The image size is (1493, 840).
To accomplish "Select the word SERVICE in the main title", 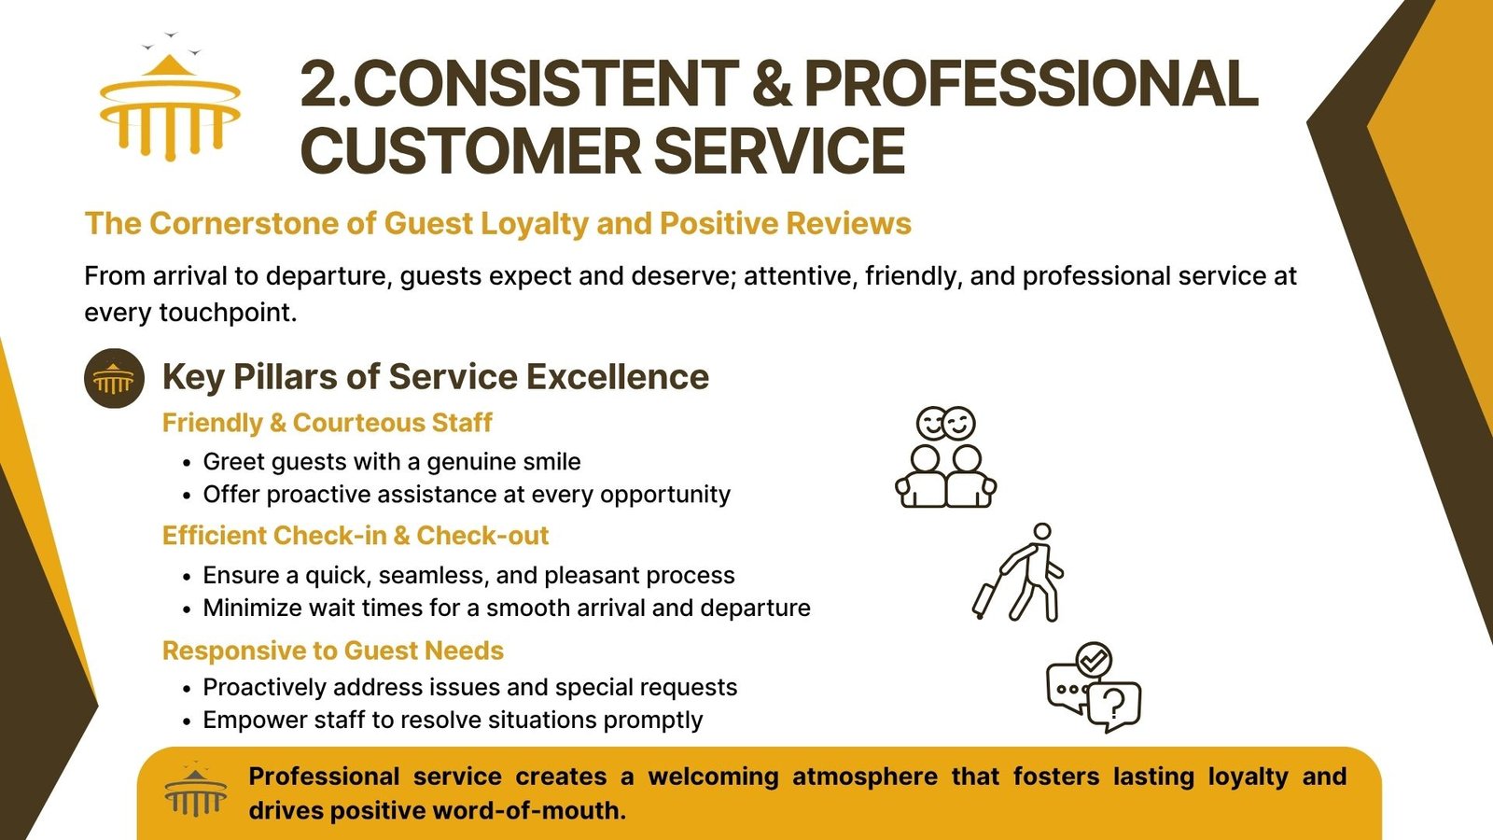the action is tap(780, 150).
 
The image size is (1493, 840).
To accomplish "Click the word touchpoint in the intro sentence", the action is tap(228, 313).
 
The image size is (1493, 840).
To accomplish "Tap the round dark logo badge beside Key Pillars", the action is tap(114, 378).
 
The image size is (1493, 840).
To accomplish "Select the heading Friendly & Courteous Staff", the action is tap(328, 423).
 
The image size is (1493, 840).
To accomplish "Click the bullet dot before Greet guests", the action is tap(188, 463).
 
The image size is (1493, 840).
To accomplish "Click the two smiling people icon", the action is tap(946, 457).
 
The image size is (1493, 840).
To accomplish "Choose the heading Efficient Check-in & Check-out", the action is tap(356, 536).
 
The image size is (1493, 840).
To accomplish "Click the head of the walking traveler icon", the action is tap(1042, 532).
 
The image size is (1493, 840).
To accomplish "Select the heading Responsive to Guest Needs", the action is tap(332, 651).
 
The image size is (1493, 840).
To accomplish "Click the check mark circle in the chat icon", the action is tap(1094, 660).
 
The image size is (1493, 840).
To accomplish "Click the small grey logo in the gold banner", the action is tap(196, 790).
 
